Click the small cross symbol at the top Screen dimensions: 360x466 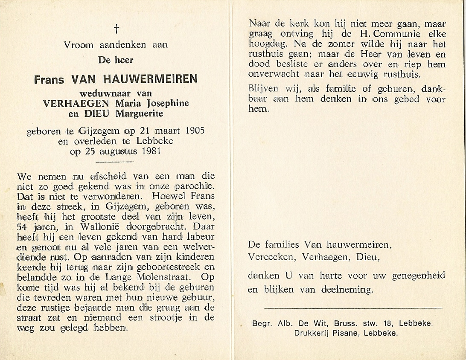click(116, 29)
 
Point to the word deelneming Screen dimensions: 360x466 click(348, 290)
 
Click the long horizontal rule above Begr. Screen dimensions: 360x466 click(353, 308)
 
